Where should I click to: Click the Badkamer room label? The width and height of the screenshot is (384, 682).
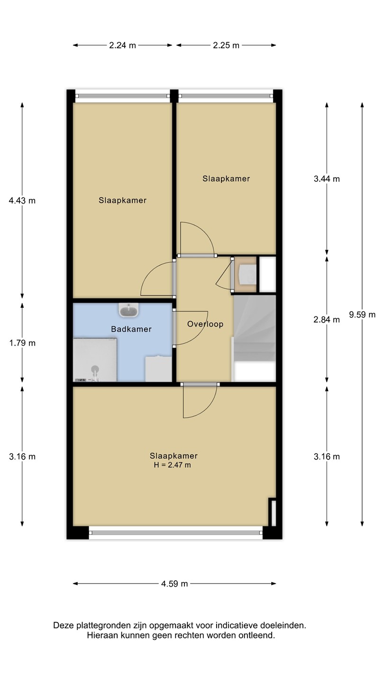[131, 329]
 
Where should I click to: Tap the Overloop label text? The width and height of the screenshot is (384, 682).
[205, 324]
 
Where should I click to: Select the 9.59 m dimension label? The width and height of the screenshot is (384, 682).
[362, 314]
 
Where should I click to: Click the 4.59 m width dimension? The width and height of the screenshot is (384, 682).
[174, 583]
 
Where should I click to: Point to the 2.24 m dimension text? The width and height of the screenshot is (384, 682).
[122, 45]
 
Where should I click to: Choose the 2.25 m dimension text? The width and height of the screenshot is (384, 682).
[226, 45]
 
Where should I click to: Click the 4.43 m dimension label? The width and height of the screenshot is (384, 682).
[22, 200]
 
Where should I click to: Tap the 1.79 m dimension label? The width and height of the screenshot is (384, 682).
[22, 343]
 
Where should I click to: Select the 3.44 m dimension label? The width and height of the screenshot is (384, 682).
[327, 179]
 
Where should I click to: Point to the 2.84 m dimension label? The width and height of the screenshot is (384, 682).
[327, 319]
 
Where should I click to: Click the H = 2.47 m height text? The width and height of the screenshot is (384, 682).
[172, 465]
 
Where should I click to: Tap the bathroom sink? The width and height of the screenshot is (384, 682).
[128, 310]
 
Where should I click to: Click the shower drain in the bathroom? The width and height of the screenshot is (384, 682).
[95, 369]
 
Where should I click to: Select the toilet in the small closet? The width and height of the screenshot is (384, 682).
[247, 274]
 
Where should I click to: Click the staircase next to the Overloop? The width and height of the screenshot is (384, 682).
[254, 338]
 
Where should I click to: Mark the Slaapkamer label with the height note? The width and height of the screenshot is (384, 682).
[174, 456]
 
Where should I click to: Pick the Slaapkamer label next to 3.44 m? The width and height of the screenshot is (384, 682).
[226, 179]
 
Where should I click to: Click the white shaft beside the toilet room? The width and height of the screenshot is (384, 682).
[267, 274]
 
